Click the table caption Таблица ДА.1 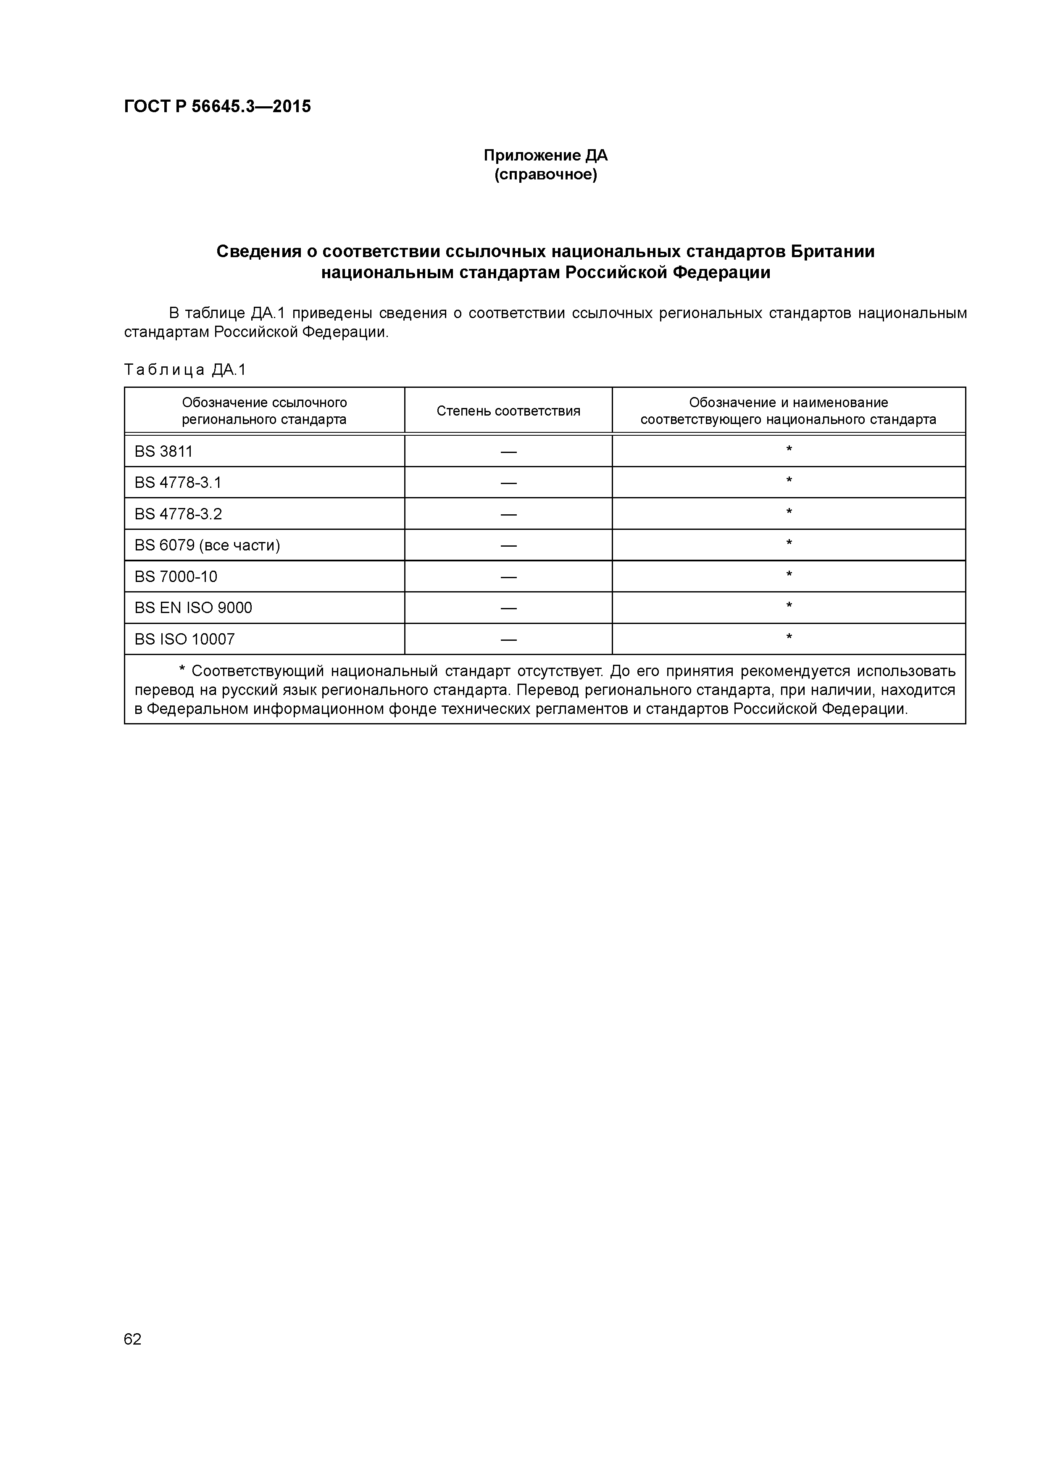tap(185, 370)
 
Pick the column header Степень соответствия tap(508, 411)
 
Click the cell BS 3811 tap(164, 451)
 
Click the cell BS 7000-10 tap(176, 576)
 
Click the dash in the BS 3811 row tap(508, 452)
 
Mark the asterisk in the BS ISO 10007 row tap(789, 637)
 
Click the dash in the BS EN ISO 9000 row tap(508, 608)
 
